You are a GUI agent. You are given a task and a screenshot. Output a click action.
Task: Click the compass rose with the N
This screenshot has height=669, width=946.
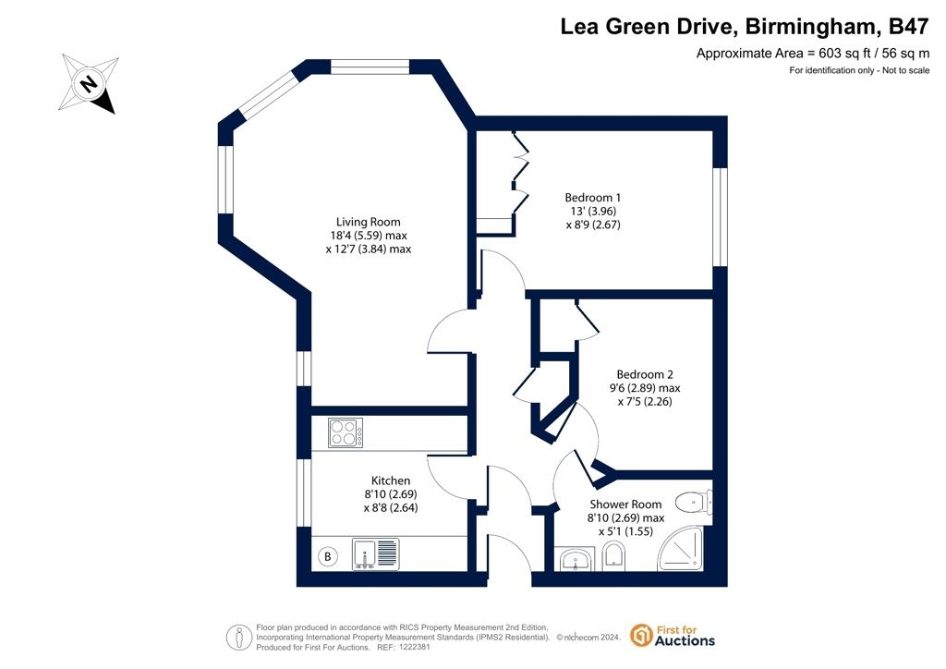pos(89,83)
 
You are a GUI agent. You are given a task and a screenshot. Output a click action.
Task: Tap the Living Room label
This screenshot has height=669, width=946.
pos(368,222)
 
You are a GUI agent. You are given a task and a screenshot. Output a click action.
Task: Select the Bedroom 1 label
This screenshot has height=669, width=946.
pos(592,197)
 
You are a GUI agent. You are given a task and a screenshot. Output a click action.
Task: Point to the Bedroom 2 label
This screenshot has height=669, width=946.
pos(644,374)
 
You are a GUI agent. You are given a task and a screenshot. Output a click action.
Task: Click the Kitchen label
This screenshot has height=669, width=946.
pos(391,480)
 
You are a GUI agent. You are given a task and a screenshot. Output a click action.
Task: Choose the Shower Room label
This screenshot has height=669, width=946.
pos(625,505)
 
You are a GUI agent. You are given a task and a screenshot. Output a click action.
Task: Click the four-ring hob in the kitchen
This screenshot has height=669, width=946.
pos(346,432)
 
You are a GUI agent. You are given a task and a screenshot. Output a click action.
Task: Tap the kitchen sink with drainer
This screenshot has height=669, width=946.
pos(375,553)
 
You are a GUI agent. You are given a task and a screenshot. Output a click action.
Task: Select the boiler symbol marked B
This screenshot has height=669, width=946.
pos(328,556)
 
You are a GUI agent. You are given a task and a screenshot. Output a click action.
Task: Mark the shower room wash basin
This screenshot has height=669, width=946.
pos(577,559)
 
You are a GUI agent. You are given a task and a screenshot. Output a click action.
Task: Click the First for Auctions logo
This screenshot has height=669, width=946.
pos(673,635)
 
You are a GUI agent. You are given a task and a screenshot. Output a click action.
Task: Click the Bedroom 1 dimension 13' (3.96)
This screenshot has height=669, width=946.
pos(593,211)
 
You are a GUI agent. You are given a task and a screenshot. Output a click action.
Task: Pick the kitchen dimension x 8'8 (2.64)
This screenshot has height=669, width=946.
pos(391,508)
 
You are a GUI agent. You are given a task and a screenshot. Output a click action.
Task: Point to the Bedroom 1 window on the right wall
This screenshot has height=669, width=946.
pos(720,216)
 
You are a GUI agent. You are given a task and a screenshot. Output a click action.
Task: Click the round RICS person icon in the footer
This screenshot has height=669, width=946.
pos(239,637)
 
